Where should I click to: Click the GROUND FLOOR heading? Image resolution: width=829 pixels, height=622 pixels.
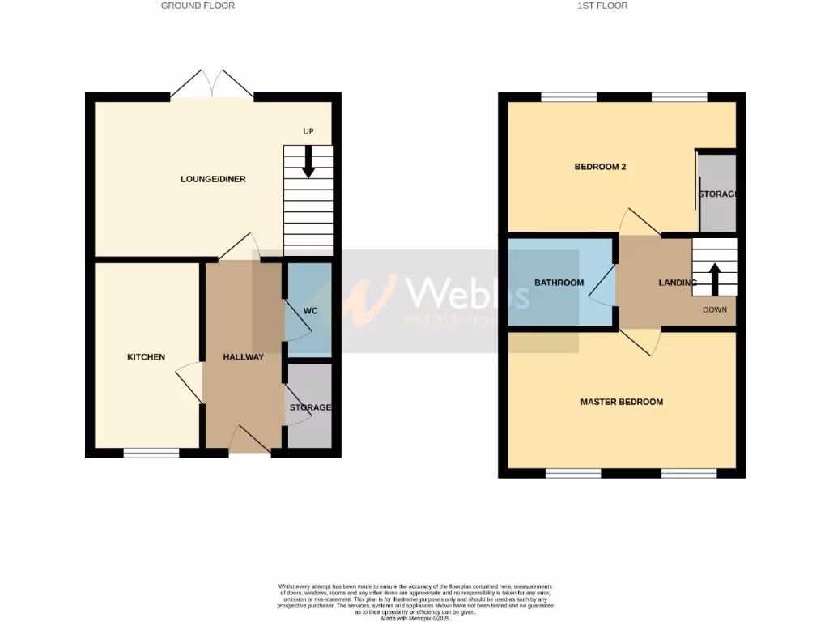point(198,6)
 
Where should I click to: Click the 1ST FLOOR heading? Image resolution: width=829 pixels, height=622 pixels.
point(602,6)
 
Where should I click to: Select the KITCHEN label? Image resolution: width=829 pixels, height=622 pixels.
point(146,357)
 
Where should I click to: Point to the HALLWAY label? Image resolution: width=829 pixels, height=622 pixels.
point(244,357)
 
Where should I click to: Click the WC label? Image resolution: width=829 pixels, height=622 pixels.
point(310,311)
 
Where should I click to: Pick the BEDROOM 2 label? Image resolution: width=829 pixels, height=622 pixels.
point(600,167)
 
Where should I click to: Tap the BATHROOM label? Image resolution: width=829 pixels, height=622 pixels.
point(559,283)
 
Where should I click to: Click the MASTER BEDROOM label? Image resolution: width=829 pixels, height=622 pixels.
point(622,402)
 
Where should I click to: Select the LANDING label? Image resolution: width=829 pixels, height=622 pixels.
point(678,283)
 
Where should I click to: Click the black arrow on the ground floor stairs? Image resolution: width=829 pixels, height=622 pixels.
point(308,162)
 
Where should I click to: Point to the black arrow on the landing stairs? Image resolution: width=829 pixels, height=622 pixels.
point(715,278)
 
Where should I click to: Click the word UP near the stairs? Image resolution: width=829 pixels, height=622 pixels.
point(308,131)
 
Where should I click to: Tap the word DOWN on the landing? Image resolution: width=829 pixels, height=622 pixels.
point(714,310)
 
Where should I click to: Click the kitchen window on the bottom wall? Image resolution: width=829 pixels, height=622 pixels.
point(151,453)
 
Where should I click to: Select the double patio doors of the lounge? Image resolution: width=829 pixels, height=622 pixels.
point(212,84)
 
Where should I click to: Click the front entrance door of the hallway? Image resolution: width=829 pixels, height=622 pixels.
point(251,441)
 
